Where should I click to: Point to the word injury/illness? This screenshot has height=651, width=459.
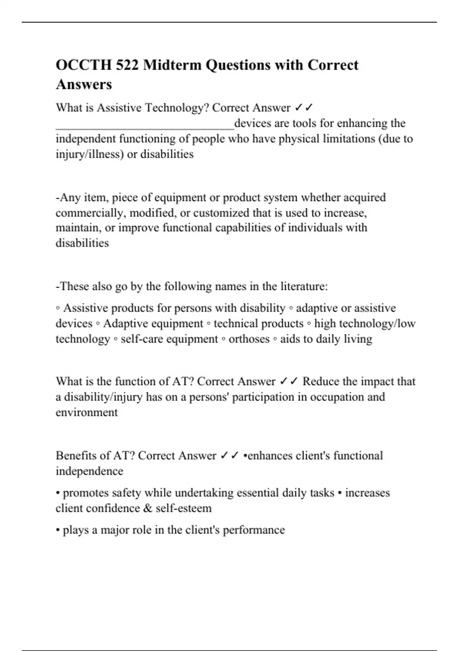pos(90,154)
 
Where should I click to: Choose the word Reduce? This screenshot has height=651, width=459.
pos(320,381)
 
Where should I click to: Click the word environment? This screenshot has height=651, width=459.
pos(86,412)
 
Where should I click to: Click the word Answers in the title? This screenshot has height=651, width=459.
pos(84,84)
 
